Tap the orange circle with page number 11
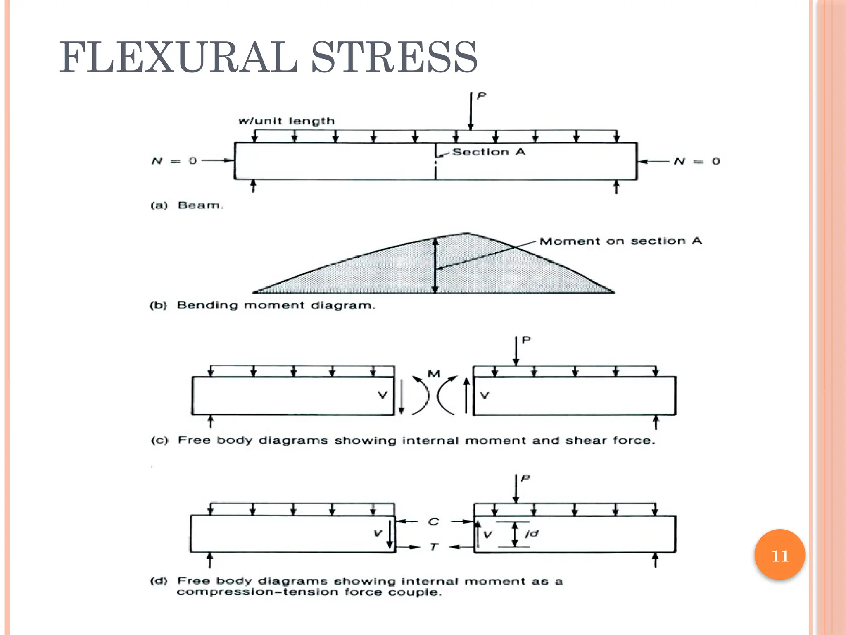(x=779, y=555)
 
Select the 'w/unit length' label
(x=287, y=121)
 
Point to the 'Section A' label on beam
(x=489, y=152)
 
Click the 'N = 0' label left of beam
(x=174, y=161)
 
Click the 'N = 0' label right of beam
(x=697, y=161)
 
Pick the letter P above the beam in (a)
(x=481, y=96)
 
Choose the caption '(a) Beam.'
(x=187, y=205)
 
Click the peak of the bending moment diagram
(x=468, y=234)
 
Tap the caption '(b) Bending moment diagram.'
(x=262, y=306)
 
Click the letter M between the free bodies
(x=434, y=374)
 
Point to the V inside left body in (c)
(x=383, y=395)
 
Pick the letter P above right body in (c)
(x=526, y=340)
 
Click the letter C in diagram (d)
(x=434, y=522)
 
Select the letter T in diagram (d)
(x=433, y=547)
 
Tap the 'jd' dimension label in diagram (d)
(x=532, y=534)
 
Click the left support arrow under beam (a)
(x=254, y=186)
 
